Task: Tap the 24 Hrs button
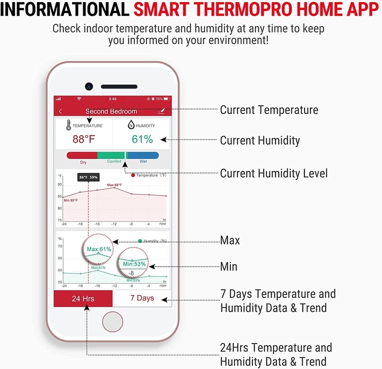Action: click(x=83, y=298)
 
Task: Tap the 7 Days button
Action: click(x=142, y=298)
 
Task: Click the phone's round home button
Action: click(x=112, y=322)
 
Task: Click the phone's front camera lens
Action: click(x=89, y=86)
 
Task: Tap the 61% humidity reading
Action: click(x=142, y=139)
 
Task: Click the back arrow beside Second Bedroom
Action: click(x=60, y=111)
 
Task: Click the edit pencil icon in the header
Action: click(x=162, y=111)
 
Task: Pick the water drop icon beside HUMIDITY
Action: click(x=131, y=126)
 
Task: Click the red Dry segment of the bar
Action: click(x=82, y=155)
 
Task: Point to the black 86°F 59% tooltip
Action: click(x=88, y=177)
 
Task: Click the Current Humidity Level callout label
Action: click(x=274, y=173)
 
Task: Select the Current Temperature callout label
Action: click(x=269, y=110)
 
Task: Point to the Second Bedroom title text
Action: click(x=111, y=111)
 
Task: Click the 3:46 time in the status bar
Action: click(x=112, y=99)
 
